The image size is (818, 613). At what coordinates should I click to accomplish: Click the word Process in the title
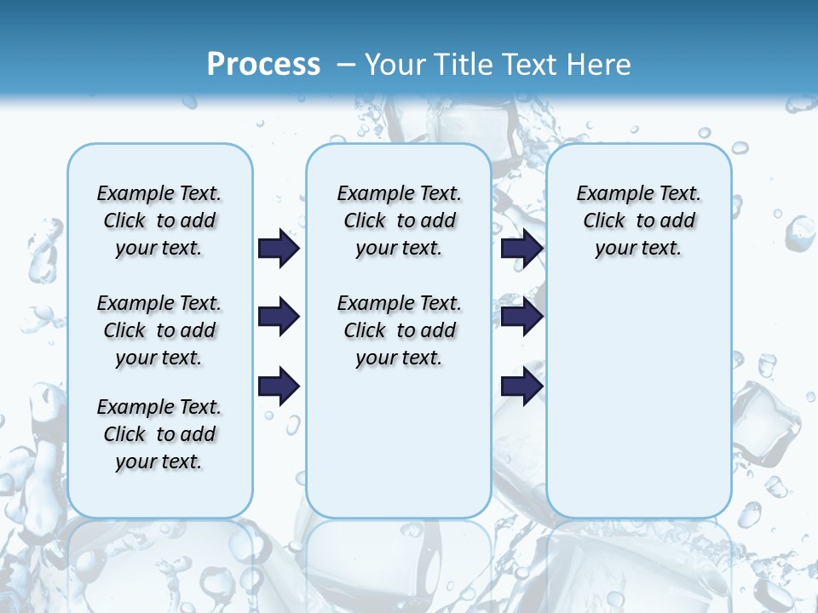click(x=263, y=64)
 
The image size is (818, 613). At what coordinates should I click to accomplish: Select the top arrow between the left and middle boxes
click(x=279, y=248)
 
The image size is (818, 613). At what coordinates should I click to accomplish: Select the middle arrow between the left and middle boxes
click(x=279, y=317)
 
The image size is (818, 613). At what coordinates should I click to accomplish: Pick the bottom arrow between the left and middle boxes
click(x=279, y=387)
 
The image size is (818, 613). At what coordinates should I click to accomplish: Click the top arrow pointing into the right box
click(x=521, y=248)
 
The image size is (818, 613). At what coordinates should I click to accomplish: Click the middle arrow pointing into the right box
click(x=521, y=317)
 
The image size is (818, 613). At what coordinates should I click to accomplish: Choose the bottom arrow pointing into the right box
click(x=521, y=387)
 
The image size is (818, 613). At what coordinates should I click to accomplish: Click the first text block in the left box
click(x=159, y=221)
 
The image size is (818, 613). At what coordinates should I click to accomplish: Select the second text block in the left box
click(x=159, y=330)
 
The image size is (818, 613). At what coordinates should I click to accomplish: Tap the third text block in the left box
click(x=159, y=434)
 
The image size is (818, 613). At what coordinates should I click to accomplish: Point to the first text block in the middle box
click(x=399, y=221)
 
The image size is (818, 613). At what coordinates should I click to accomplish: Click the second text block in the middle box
click(x=399, y=330)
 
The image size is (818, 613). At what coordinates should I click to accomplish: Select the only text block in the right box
click(x=638, y=221)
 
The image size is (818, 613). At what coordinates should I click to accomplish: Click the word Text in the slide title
click(x=528, y=65)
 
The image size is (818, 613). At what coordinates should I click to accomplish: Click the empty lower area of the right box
click(x=638, y=400)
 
